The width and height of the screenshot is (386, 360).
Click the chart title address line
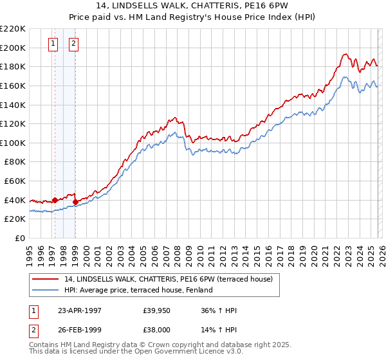click(193, 6)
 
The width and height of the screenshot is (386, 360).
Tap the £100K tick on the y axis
click(14, 143)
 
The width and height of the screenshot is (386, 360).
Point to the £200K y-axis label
click(14, 48)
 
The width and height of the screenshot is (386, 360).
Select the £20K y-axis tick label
click(15, 219)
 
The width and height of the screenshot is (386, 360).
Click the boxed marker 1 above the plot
click(53, 44)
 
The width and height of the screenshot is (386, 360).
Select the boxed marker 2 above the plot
click(73, 44)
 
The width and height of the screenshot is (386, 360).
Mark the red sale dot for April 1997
click(55, 200)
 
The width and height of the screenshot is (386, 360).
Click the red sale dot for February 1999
click(76, 202)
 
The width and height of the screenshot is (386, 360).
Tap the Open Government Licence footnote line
click(136, 352)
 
